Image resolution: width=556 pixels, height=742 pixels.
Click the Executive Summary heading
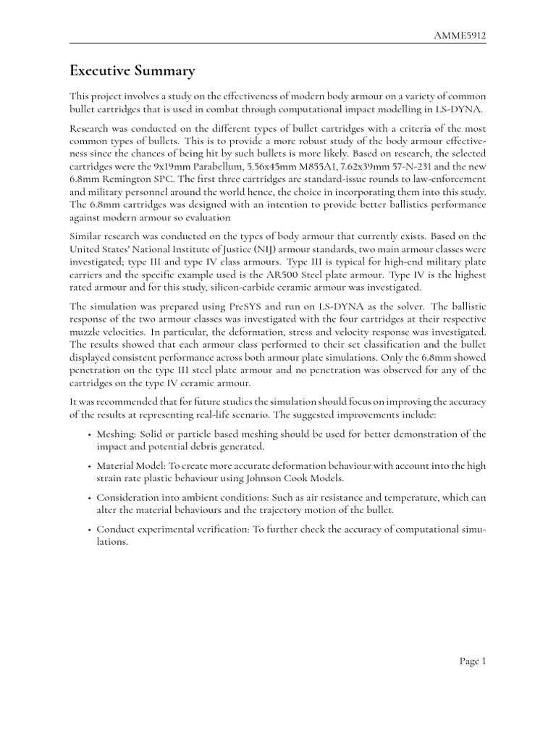[132, 70]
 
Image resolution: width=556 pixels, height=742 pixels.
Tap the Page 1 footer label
[473, 661]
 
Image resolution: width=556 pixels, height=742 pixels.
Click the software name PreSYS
[229, 307]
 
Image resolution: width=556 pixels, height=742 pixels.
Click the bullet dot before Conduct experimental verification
[88, 530]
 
